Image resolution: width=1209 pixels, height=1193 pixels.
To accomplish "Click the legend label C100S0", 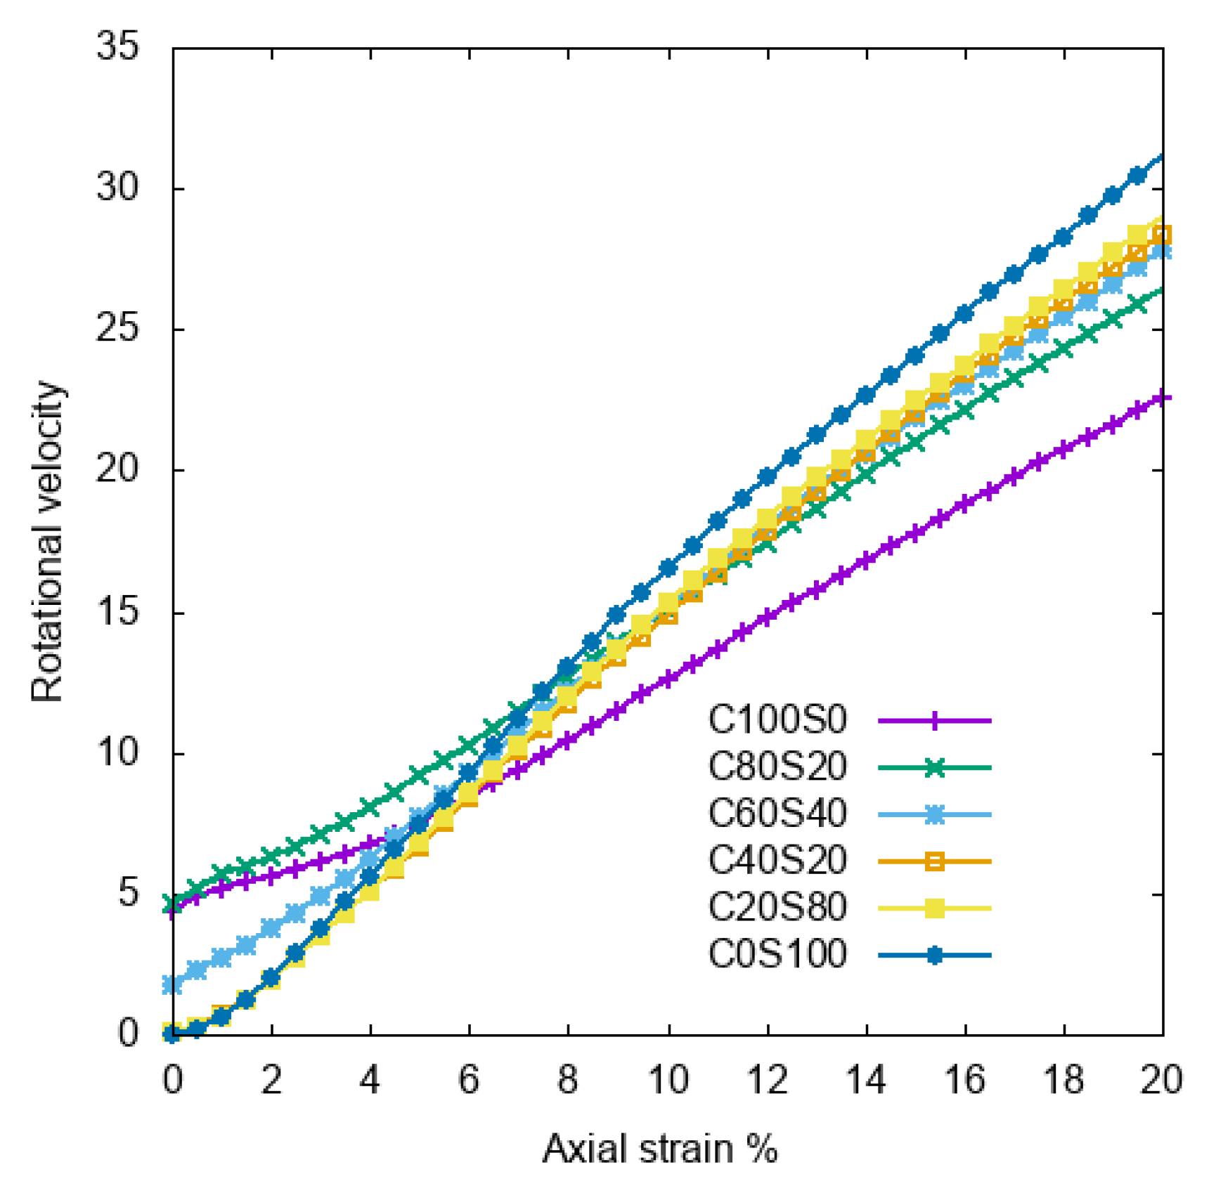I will click(777, 720).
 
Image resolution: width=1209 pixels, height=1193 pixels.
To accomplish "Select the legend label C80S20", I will click(777, 767).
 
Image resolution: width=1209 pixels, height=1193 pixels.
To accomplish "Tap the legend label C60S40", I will click(777, 814).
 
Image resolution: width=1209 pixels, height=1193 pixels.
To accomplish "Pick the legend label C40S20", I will click(777, 861).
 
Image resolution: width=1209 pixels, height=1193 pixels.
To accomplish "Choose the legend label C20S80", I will click(777, 908).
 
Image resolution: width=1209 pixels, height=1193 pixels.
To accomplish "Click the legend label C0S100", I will click(777, 955).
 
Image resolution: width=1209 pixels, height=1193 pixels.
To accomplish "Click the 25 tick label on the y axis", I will click(118, 329).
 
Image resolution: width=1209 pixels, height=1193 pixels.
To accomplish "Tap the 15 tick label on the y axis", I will click(118, 612).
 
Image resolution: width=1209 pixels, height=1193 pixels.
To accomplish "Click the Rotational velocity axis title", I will click(48, 541).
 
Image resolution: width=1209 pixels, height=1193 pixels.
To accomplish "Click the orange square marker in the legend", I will click(934, 861).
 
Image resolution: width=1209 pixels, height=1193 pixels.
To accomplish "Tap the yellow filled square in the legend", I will click(934, 908).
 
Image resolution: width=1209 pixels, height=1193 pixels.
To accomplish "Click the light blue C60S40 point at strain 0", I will click(172, 984).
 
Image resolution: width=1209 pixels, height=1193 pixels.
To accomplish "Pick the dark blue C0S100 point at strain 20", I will click(1161, 157).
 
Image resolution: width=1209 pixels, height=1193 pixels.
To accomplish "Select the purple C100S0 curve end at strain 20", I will click(1161, 398).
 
